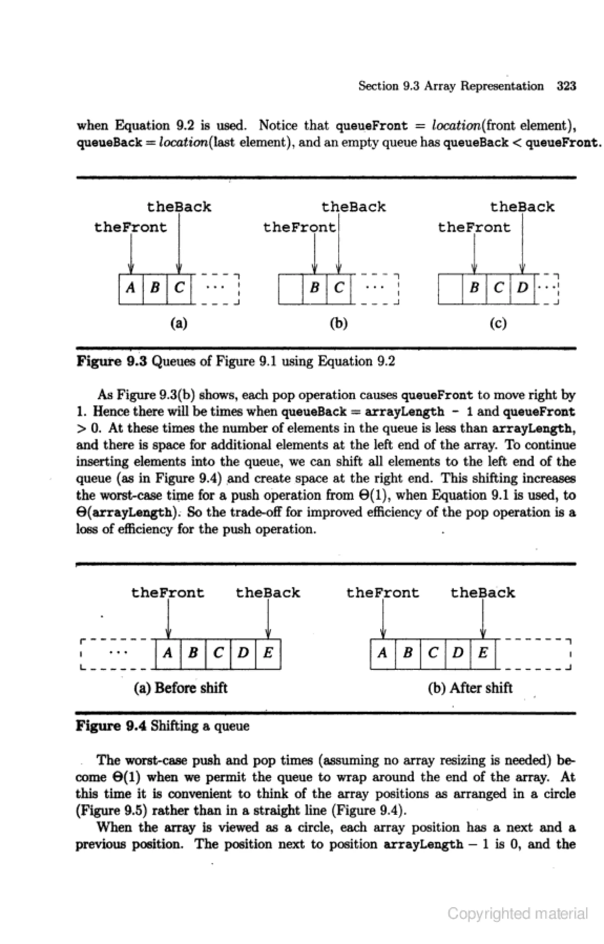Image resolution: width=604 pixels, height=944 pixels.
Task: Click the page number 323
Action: point(566,86)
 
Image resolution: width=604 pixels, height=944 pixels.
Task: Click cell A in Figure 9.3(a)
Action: point(131,289)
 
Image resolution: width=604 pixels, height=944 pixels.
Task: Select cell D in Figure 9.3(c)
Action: point(522,289)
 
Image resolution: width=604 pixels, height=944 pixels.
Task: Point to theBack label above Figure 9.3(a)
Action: point(179,207)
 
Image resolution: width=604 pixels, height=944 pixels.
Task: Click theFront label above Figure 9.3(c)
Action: point(474,227)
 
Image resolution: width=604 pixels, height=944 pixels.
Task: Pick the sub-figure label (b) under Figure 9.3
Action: point(338,323)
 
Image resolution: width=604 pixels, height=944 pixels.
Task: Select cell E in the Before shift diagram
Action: point(268,653)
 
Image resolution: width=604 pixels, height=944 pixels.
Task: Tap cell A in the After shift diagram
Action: point(383,653)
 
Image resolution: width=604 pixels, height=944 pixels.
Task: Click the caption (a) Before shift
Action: point(180,688)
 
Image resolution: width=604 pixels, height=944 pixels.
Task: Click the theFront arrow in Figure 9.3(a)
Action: point(131,253)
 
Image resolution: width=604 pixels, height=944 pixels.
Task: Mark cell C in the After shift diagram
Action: point(433,653)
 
